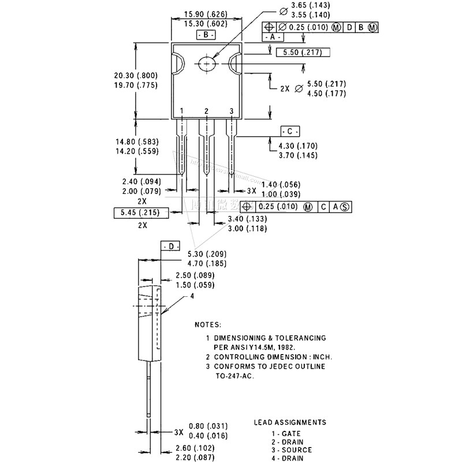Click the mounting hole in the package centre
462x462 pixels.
(206, 64)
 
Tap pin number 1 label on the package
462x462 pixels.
(181, 111)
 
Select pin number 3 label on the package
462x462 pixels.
(231, 111)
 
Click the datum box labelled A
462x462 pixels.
(273, 36)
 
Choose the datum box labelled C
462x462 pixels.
(290, 131)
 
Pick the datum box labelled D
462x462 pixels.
(171, 246)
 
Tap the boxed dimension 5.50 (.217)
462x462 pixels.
(303, 53)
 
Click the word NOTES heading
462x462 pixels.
(207, 325)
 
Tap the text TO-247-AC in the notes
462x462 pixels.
(234, 375)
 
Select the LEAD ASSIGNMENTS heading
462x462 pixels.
(290, 422)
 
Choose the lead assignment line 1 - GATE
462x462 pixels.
(286, 433)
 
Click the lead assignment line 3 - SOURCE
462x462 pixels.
(292, 450)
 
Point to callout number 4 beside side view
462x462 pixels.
(192, 297)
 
